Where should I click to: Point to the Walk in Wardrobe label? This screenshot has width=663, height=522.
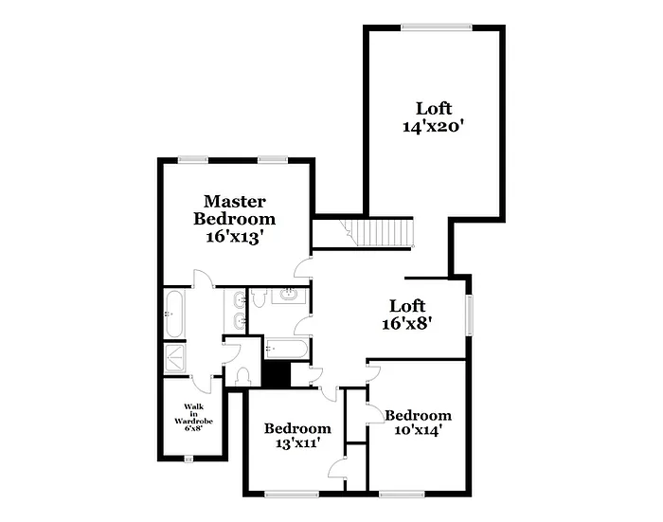click(x=193, y=417)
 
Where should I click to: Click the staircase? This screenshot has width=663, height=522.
click(x=379, y=232)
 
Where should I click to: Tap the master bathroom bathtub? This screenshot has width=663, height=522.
click(x=173, y=313)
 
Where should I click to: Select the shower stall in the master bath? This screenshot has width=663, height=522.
click(x=174, y=358)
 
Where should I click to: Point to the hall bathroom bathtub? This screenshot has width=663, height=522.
click(x=286, y=349)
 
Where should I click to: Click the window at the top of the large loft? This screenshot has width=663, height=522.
click(x=435, y=27)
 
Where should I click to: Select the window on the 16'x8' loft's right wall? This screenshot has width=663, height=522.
click(x=469, y=315)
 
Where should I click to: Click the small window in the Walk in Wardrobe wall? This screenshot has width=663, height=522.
click(x=188, y=459)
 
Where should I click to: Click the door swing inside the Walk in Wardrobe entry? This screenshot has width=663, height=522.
click(x=203, y=381)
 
